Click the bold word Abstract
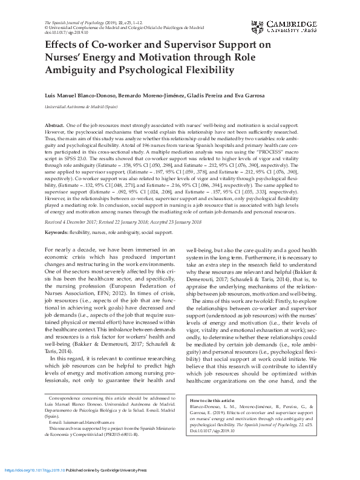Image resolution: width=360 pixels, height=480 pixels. click(55, 125)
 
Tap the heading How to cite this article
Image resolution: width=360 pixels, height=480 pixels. click(212, 401)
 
